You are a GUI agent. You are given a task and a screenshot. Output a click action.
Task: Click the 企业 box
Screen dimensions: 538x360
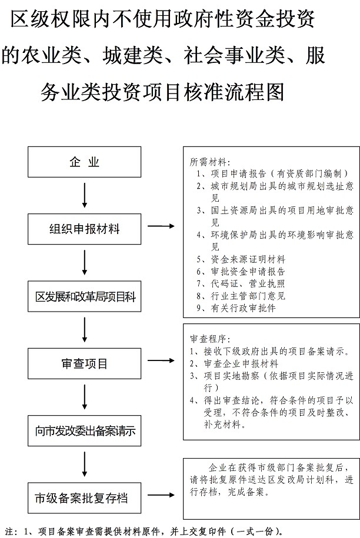[x=85, y=162]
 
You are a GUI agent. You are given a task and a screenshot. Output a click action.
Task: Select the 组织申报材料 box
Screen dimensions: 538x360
[x=85, y=228]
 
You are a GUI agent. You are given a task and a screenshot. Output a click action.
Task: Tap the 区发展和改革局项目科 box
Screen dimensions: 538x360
[x=85, y=297]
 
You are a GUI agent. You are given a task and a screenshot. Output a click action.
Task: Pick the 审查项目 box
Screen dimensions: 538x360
[x=85, y=364]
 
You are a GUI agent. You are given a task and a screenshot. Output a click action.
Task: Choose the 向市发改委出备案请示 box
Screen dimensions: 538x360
[x=85, y=431]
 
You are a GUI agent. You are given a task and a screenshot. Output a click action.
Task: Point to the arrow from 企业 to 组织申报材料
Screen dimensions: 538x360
[x=85, y=195]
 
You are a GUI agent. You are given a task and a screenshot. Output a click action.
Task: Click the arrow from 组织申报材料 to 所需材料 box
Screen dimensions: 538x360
[x=161, y=226]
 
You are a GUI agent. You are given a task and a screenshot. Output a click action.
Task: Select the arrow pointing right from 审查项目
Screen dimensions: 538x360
[x=161, y=360]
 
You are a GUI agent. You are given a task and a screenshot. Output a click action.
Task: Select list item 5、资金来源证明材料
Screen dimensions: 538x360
[x=241, y=259]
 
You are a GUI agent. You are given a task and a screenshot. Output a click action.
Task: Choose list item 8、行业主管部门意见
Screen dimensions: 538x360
[x=241, y=296]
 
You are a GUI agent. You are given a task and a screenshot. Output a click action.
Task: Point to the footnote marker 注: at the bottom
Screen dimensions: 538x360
[x=11, y=531]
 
